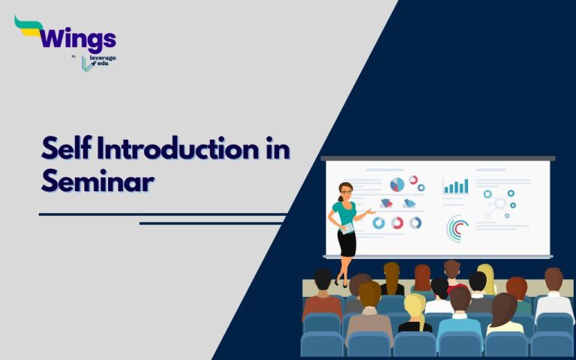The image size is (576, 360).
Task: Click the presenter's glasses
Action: click(x=346, y=190)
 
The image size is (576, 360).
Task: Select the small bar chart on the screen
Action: click(x=455, y=185)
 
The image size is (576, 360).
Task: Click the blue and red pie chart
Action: click(x=397, y=184)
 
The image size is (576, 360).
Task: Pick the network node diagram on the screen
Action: click(x=499, y=203)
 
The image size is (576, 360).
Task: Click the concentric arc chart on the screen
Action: click(x=457, y=228)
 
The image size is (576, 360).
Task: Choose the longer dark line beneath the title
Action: click(x=162, y=214)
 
